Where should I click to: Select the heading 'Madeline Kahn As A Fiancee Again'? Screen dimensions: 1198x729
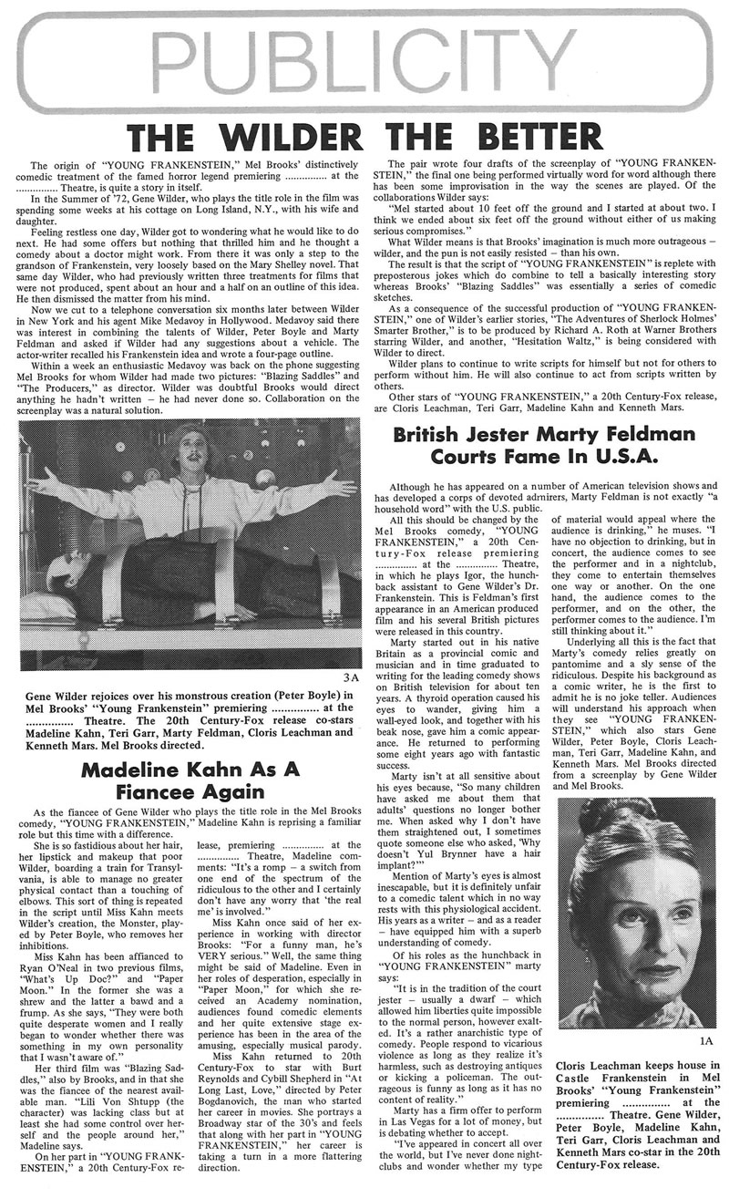click(x=190, y=781)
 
